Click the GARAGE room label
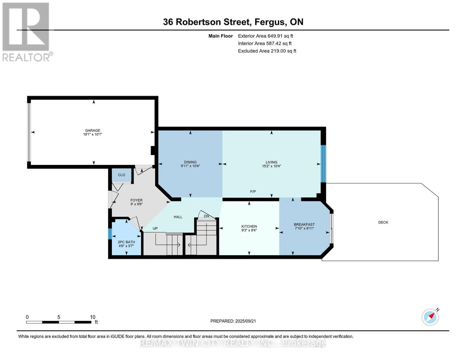92,130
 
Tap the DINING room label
190,162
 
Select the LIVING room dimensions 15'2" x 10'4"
271,166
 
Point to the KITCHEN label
249,226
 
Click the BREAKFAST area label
304,224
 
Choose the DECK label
383,222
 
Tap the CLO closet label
122,175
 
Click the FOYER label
137,200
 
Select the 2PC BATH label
126,242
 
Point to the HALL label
178,217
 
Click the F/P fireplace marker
253,191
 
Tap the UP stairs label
155,228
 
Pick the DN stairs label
206,216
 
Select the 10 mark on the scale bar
92,317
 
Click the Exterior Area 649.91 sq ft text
265,36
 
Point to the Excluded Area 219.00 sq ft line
267,51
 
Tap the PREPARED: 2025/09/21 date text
233,321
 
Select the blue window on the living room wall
323,164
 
